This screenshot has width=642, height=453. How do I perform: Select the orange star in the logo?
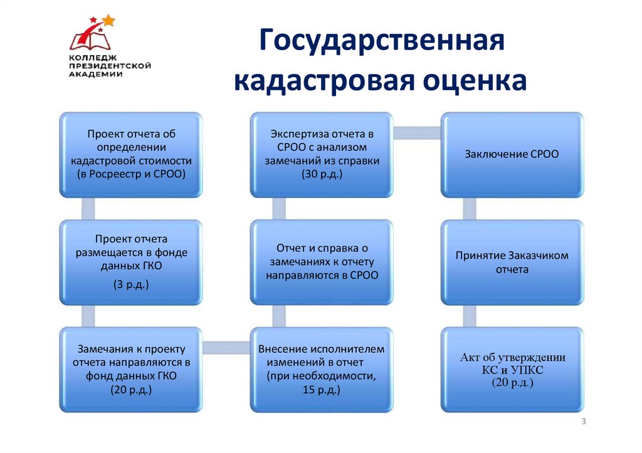pyautogui.click(x=109, y=20)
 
